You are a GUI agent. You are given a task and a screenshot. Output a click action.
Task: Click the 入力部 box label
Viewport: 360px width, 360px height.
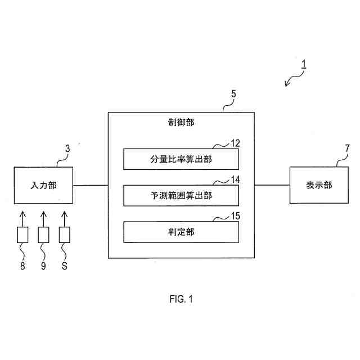click(x=44, y=185)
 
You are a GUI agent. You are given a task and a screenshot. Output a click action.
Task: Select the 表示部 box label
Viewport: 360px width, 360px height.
click(x=318, y=185)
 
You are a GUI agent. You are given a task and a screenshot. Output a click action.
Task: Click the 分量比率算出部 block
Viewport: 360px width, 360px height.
click(x=181, y=159)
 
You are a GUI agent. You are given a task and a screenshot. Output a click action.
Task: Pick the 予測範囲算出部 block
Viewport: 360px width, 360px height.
click(x=181, y=195)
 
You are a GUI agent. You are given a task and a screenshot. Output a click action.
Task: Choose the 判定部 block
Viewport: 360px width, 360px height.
click(x=181, y=231)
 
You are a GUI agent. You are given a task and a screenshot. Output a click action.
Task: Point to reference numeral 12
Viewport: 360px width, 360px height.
click(x=235, y=143)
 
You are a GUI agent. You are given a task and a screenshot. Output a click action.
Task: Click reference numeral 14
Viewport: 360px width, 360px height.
click(x=235, y=179)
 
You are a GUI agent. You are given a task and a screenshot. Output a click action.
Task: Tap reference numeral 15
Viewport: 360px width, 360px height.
click(x=235, y=215)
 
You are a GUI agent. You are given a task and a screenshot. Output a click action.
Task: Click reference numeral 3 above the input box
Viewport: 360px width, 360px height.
click(x=67, y=149)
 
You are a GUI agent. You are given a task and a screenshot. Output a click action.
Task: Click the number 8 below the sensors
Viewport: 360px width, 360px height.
click(x=22, y=267)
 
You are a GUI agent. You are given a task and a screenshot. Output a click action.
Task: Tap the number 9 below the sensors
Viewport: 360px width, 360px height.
click(x=43, y=267)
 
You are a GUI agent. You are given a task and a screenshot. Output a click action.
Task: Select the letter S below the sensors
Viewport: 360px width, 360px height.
click(x=64, y=267)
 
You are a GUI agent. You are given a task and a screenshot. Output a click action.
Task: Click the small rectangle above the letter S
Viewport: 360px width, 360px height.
click(x=64, y=234)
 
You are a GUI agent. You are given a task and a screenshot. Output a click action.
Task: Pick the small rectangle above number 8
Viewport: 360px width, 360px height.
click(x=22, y=234)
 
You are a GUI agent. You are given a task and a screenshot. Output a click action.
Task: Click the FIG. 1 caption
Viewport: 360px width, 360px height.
click(x=181, y=299)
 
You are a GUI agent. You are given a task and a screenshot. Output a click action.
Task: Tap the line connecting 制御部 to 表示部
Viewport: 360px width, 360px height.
click(x=272, y=185)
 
